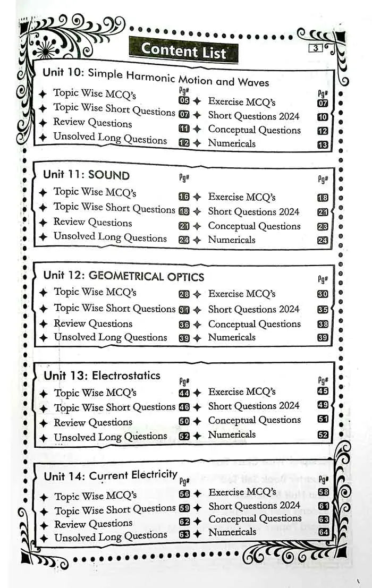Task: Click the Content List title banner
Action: [x=183, y=51]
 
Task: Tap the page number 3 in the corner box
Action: [x=316, y=48]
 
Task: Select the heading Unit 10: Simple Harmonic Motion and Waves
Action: [x=156, y=76]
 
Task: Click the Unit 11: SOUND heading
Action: [x=86, y=175]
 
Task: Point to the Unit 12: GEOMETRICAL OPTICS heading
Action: [x=123, y=276]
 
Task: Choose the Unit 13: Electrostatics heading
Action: [x=102, y=376]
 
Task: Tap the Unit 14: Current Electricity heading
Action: [x=110, y=475]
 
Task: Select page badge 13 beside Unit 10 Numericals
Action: [x=323, y=144]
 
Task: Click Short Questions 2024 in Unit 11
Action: [x=253, y=211]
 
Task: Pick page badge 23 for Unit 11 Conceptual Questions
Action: [x=323, y=226]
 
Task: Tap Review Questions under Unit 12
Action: [x=93, y=323]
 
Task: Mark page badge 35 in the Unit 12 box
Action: [x=323, y=309]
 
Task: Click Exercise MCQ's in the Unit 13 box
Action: [x=242, y=392]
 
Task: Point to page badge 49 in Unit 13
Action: [x=323, y=406]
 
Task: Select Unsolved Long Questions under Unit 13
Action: [x=111, y=437]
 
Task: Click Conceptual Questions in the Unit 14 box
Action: [x=255, y=519]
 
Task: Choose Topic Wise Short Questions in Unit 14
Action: [x=115, y=510]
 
